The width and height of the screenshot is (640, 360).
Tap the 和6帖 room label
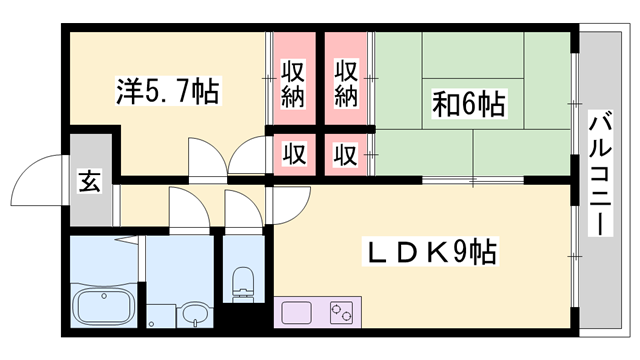[x=469, y=102]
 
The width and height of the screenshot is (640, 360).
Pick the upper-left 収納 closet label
[x=292, y=83]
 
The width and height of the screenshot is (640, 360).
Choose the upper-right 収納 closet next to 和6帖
[x=346, y=83]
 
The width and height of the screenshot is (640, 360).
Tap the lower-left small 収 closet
[x=292, y=155]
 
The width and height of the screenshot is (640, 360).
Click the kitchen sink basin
[x=297, y=313]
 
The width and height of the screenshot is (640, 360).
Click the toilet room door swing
[x=240, y=208]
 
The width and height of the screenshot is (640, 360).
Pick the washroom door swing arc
[x=185, y=208]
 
